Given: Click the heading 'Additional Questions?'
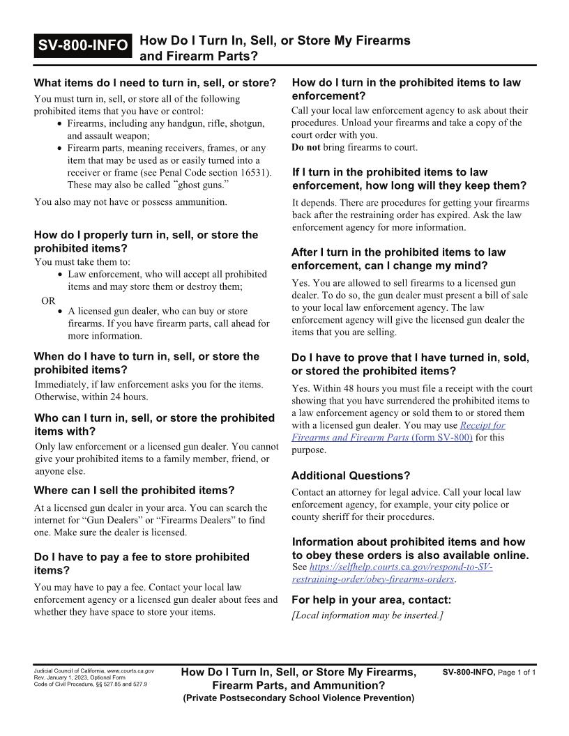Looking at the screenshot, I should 350,475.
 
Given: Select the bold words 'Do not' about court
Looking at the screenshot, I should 306,147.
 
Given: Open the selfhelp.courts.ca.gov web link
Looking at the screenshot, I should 393,574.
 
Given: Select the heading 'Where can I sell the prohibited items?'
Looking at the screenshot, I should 134,490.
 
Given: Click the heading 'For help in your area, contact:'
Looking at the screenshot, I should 371,599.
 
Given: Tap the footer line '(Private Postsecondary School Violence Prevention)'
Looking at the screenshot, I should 298,698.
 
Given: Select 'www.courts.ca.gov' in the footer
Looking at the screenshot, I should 130,671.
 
